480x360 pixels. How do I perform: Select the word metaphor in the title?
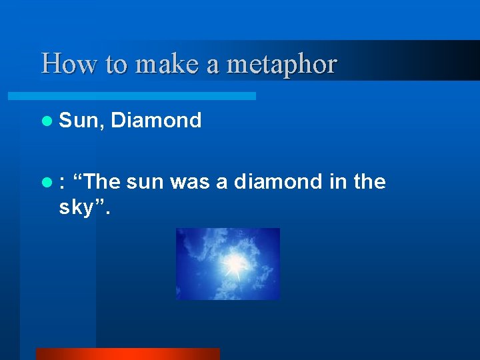(x=282, y=64)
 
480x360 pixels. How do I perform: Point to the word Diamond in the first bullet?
(x=156, y=121)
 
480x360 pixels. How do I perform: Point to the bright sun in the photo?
(x=233, y=265)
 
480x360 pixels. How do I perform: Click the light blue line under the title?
(x=147, y=96)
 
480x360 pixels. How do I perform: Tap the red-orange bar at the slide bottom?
(x=127, y=353)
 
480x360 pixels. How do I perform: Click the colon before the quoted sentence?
(x=61, y=182)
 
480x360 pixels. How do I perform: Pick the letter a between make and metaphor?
(x=215, y=64)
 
